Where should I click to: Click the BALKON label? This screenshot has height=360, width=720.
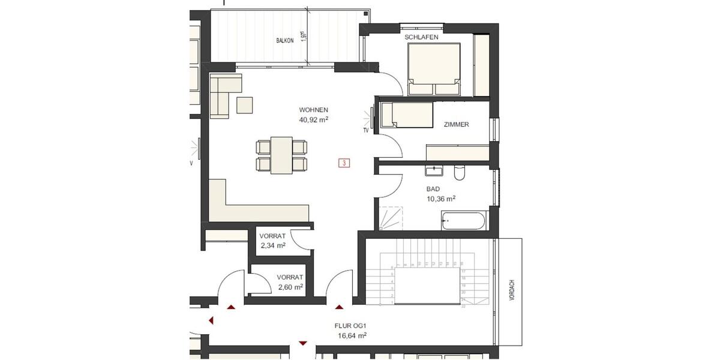[x=285, y=41]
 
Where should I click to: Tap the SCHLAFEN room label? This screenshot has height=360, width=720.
[x=421, y=37]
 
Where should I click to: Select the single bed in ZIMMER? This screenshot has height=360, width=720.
[x=407, y=115]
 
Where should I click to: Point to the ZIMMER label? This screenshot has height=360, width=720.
[x=456, y=125]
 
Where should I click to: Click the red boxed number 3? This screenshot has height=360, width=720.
[x=344, y=163]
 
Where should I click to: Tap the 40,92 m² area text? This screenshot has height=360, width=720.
[x=313, y=119]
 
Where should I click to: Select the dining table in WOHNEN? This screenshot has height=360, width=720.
[x=281, y=155]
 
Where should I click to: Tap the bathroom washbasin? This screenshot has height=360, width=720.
[x=433, y=172]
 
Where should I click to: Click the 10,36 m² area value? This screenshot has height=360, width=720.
[x=441, y=198]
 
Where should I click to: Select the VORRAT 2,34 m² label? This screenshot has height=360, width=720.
[x=272, y=241]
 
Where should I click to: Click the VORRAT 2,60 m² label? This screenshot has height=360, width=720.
[x=290, y=282]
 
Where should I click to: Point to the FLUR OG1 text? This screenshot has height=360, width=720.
[x=350, y=326]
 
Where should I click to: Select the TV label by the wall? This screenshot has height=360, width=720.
[x=365, y=130]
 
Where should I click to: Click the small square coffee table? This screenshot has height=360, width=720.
[x=245, y=105]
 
